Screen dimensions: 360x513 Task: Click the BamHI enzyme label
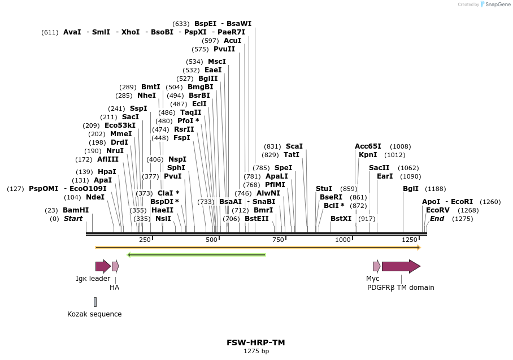point(76,210)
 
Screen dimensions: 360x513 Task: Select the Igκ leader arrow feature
point(103,266)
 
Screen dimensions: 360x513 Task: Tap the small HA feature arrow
point(115,266)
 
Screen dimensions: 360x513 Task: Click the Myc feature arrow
point(376,266)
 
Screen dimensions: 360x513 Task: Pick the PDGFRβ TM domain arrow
point(401,266)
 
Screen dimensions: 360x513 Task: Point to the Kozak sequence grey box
point(95,302)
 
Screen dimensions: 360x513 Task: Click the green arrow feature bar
point(197,255)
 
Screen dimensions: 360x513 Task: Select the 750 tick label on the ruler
point(278,240)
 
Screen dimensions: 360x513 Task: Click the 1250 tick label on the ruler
point(409,240)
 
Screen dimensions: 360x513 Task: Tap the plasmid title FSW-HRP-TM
point(251,342)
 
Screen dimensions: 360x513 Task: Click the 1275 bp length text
point(256,351)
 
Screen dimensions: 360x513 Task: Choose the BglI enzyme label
point(411,189)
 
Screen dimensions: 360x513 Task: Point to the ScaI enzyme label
point(294,146)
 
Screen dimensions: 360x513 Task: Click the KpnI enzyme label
point(368,154)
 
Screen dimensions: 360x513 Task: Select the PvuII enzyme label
point(224,49)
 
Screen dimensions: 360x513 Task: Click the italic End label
point(437,218)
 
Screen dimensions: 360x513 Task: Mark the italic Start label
point(73,218)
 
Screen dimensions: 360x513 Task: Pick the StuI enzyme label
point(324,188)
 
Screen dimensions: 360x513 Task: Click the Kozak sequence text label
point(94,314)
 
